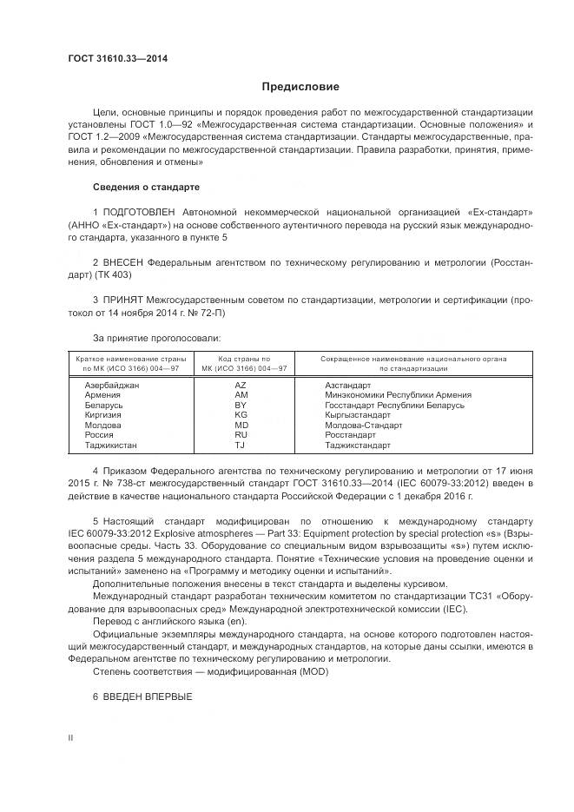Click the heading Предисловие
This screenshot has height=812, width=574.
pos(300,87)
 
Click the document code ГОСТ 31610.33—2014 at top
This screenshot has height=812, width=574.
pos(117,59)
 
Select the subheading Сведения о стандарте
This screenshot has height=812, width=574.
pos(146,187)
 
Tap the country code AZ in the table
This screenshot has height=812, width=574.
pos(241,385)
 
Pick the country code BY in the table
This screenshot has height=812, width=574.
pos(241,405)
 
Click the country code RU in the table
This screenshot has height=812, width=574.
pos(241,435)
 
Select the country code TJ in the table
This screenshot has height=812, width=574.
pos(241,446)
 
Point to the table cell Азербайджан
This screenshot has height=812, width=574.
pos(112,385)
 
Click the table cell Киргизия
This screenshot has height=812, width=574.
pos(102,415)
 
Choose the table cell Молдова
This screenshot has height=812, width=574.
pos(102,426)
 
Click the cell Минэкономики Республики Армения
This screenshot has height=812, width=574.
pos(398,395)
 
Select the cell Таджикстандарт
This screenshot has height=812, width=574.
pos(357,446)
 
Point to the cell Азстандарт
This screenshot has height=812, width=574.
pos(347,385)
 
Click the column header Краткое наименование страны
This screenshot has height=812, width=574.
pos(128,358)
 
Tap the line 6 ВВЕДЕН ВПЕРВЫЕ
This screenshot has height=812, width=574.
pos(142,697)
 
